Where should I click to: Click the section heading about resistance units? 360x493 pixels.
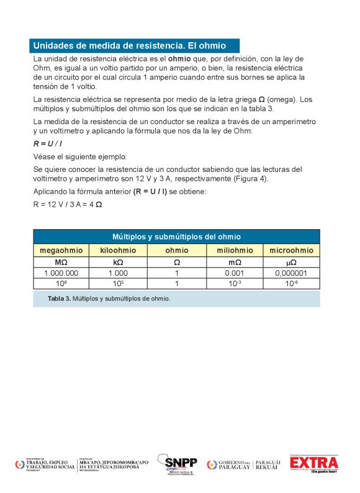[128, 45]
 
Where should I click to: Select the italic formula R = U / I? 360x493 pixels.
[48, 143]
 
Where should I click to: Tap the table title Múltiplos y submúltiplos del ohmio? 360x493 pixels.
[176, 237]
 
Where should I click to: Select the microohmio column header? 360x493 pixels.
[291, 250]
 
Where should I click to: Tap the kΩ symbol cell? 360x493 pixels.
[118, 262]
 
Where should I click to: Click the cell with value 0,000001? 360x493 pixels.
[291, 273]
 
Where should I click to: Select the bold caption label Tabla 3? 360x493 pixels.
[59, 299]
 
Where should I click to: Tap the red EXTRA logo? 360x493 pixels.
[314, 463]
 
